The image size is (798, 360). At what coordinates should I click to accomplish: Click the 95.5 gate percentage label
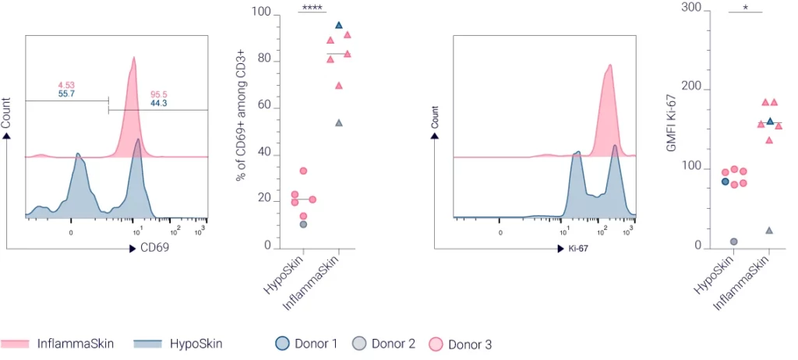click(160, 94)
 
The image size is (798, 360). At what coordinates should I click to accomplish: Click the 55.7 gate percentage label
click(66, 94)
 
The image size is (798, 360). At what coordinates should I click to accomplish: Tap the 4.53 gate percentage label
click(66, 84)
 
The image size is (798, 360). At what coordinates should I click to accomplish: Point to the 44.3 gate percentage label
click(160, 103)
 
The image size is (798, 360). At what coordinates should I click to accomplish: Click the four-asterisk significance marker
click(312, 8)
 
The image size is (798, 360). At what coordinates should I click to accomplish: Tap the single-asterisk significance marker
click(746, 8)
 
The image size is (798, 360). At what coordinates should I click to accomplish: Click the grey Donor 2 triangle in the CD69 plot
click(338, 123)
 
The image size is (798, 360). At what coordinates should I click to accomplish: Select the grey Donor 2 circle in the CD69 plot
click(303, 224)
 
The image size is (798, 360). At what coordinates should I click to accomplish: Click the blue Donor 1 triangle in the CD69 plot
click(338, 26)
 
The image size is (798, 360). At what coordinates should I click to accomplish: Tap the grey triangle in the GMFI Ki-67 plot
click(769, 231)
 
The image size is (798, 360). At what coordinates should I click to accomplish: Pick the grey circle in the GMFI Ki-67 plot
click(733, 242)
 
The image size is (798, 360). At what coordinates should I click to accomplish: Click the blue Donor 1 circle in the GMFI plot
click(725, 182)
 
